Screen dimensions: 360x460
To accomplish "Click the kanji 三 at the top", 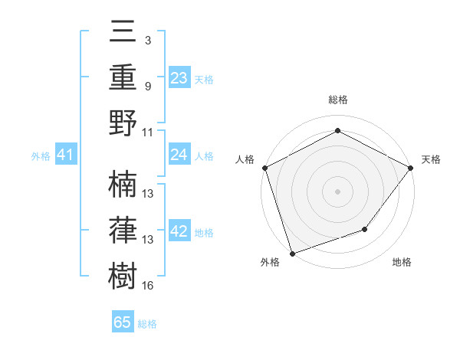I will [x=123, y=32].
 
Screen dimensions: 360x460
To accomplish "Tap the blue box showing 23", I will [x=179, y=78].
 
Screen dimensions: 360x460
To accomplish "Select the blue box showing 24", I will [x=179, y=155].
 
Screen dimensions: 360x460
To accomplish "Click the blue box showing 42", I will [x=179, y=232].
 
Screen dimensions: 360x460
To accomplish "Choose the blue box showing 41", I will [x=66, y=155].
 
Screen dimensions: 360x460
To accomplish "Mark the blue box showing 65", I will [x=123, y=322].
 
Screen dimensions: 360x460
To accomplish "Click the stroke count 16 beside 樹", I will [x=148, y=286].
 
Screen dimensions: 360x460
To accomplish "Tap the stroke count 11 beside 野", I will [x=148, y=132].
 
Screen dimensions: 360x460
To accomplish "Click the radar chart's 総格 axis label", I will [x=337, y=100].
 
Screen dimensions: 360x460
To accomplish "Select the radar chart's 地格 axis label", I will [x=402, y=262].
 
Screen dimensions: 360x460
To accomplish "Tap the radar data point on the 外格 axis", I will [x=292, y=253].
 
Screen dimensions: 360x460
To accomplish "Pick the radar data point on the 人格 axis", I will [x=264, y=167].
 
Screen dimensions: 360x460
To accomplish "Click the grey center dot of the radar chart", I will [x=337, y=191].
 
